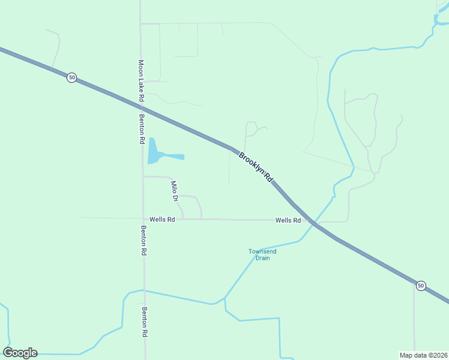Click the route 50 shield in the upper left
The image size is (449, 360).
[72, 77]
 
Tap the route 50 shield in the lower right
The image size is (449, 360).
[421, 286]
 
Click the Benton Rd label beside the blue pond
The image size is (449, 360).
[142, 128]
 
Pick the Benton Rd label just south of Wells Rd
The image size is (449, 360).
[144, 241]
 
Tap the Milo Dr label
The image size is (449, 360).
[175, 190]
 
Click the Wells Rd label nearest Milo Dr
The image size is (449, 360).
[162, 220]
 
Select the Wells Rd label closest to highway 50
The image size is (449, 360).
[288, 220]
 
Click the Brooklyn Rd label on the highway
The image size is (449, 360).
[256, 167]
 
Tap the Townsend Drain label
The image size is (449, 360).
[263, 254]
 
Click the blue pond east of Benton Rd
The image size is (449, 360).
[155, 153]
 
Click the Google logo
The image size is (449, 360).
[20, 353]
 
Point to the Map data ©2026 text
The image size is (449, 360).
[423, 355]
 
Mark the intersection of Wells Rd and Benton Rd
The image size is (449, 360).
[143, 220]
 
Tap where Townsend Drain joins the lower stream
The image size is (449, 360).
[224, 298]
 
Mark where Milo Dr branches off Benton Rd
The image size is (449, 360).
[143, 176]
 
